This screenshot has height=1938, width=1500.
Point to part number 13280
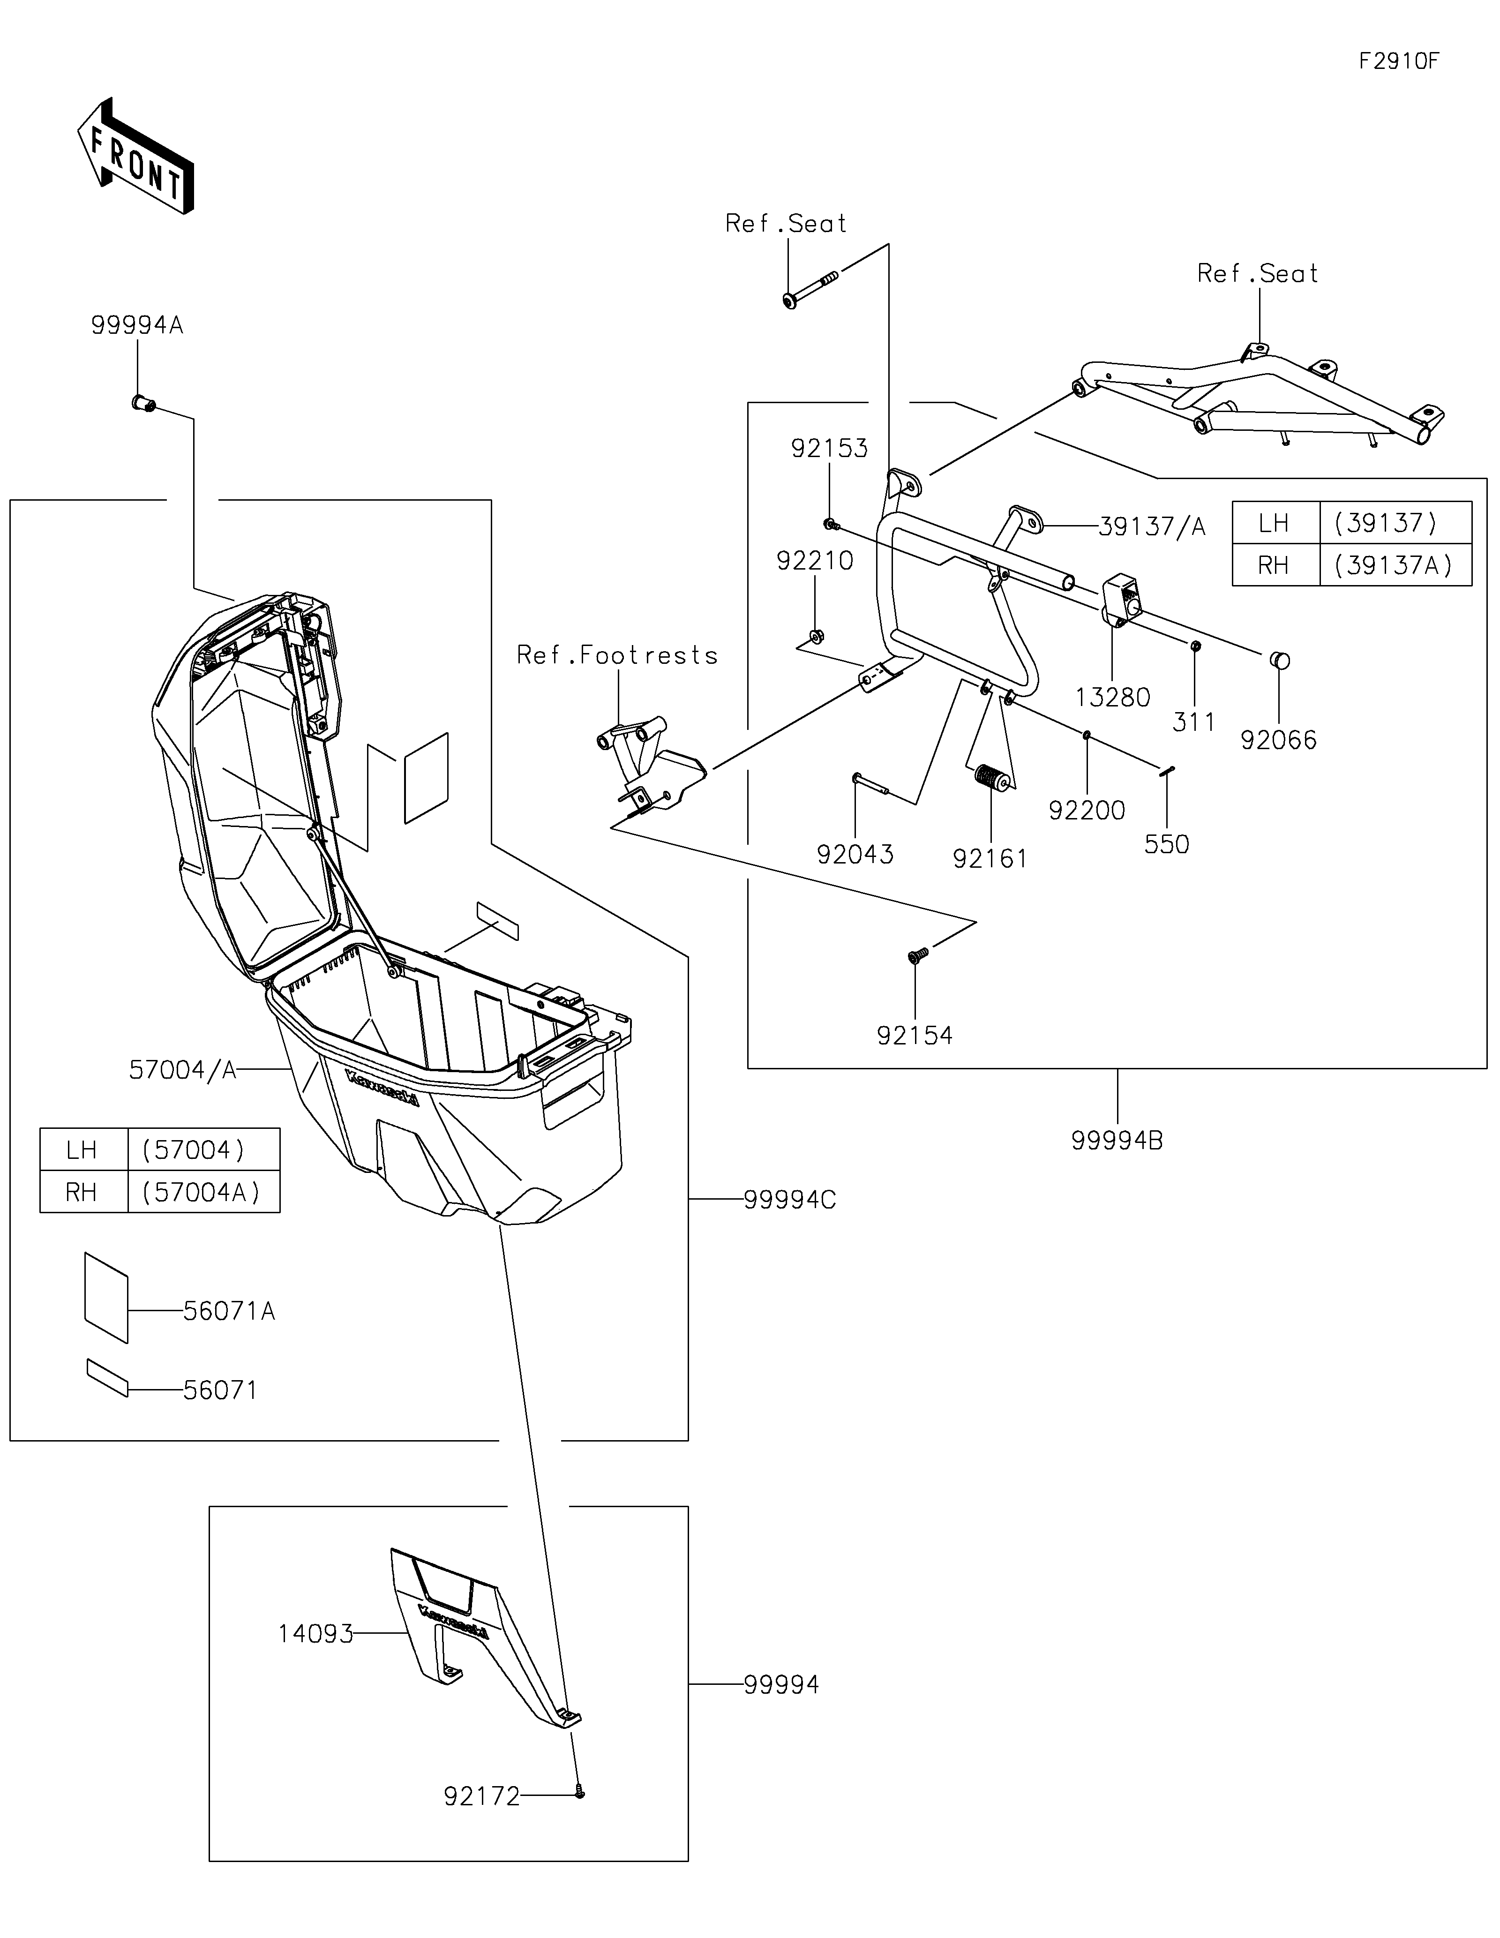[1112, 698]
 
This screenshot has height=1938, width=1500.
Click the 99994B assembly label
[1117, 1141]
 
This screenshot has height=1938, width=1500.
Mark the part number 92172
[482, 1797]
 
